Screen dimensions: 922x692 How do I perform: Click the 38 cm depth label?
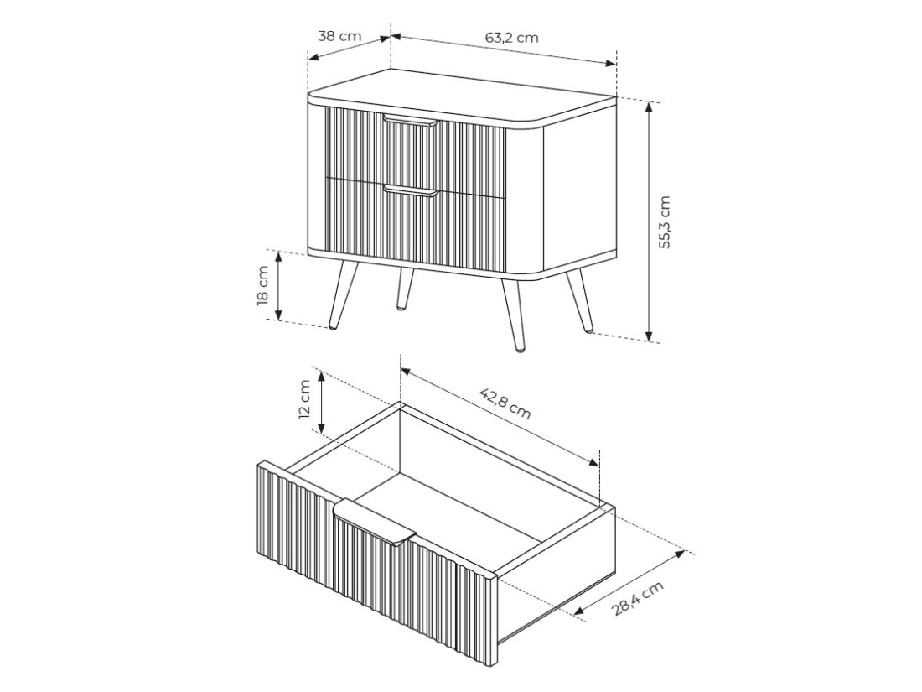coord(339,36)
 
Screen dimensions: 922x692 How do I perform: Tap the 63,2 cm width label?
coord(511,38)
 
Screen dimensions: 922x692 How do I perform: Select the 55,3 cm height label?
coord(664,222)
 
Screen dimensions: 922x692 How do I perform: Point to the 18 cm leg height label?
coord(263,285)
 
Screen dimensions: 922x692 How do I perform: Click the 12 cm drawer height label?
coord(304,399)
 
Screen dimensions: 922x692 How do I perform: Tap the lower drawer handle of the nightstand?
coord(411,190)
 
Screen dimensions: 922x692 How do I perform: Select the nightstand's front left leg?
coord(344,294)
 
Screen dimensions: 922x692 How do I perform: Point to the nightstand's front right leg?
coord(512,315)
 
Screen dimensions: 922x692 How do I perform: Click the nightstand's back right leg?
coord(578,300)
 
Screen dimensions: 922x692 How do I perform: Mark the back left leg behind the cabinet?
coord(405,289)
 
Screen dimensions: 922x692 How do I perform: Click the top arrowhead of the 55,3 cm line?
coord(649,107)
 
